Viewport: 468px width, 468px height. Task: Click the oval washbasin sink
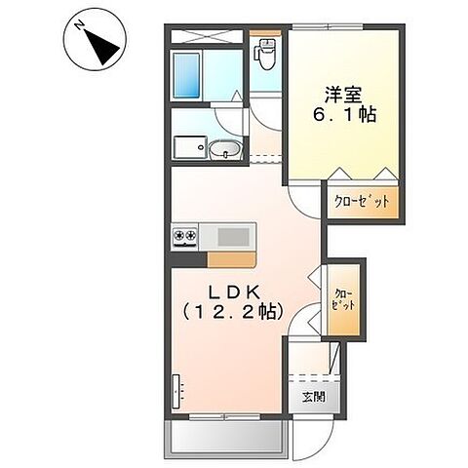pos(223,150)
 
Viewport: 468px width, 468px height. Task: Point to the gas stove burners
pos(185,235)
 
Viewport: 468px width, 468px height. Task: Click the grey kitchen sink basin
pos(232,235)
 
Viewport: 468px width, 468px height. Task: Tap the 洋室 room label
pos(343,95)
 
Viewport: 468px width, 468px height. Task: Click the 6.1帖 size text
pos(343,114)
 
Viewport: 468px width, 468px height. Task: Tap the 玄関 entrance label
pos(313,397)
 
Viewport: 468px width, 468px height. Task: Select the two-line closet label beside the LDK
pos(343,298)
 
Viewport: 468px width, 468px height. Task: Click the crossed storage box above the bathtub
pos(206,36)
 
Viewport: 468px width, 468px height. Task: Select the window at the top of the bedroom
pos(343,28)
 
